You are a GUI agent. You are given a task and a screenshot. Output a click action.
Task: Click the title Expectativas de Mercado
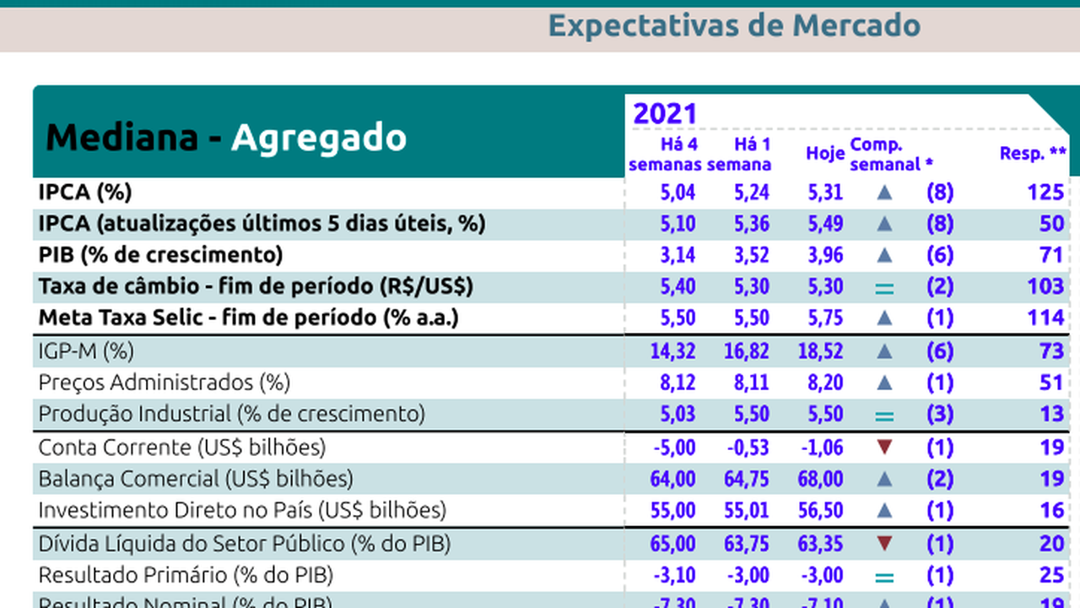[x=734, y=25]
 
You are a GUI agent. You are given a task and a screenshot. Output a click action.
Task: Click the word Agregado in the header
[x=319, y=138]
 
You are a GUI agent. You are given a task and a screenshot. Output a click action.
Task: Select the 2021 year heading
[x=665, y=114]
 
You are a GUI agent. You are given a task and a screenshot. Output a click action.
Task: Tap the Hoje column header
[x=824, y=154]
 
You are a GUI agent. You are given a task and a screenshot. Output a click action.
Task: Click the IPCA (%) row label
[x=85, y=192]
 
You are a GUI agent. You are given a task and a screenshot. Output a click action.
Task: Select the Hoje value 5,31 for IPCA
[x=824, y=193]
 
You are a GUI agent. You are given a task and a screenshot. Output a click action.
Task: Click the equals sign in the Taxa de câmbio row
[x=883, y=288]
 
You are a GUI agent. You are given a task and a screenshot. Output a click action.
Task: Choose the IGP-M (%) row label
[x=86, y=350]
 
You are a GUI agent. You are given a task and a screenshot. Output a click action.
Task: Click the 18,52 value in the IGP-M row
[x=820, y=350]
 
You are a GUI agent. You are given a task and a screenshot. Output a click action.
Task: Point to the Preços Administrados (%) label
[x=165, y=383]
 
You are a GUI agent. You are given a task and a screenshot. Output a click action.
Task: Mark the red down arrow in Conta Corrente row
[x=883, y=447]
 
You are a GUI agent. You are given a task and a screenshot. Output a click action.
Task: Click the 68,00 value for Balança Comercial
[x=820, y=479]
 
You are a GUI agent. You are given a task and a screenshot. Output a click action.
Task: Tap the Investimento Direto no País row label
[x=242, y=510]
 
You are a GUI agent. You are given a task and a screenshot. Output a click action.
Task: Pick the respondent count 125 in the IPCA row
[x=1045, y=193]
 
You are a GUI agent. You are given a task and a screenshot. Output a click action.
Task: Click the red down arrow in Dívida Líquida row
[x=883, y=543]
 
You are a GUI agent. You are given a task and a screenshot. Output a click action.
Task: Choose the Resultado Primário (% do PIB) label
[x=186, y=575]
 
